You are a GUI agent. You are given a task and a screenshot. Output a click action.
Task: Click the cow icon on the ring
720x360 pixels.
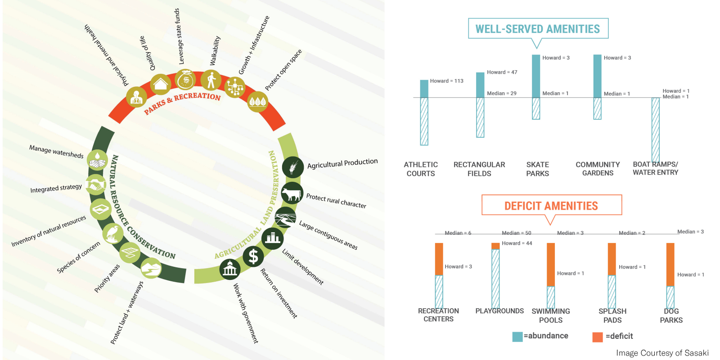292,194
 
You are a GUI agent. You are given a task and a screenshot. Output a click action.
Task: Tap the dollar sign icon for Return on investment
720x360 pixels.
253,256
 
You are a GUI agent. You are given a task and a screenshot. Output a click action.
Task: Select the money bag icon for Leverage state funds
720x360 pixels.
185,80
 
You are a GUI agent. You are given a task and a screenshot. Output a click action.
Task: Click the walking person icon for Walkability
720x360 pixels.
211,80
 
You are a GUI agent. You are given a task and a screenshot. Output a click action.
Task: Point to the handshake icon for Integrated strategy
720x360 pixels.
96,184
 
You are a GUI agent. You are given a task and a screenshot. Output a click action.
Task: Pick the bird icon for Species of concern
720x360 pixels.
112,234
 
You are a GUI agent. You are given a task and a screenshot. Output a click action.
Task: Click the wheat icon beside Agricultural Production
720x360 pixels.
292,168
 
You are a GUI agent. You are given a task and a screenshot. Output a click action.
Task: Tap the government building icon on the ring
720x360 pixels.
229,269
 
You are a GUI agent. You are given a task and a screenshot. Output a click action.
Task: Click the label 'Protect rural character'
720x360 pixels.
336,201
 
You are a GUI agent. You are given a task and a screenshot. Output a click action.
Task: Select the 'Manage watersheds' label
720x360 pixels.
56,151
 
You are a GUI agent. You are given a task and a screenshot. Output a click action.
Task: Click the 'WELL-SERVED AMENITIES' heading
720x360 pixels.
538,29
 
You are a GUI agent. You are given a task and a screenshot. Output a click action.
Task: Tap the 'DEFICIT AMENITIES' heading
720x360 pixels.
551,206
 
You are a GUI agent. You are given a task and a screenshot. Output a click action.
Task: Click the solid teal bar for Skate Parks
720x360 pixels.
536,76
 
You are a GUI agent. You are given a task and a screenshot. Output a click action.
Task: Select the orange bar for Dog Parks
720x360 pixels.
670,264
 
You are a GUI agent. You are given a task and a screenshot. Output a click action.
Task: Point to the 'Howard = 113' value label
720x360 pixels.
446,81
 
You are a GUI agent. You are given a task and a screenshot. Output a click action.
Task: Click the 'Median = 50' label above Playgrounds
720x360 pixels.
516,233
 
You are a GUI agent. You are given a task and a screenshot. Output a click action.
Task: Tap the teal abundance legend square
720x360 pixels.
517,337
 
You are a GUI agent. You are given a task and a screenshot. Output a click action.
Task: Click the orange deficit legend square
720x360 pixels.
598,337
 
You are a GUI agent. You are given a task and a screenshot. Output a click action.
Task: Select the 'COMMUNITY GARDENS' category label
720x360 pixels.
598,169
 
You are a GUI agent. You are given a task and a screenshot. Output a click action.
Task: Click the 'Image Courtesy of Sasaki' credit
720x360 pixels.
662,353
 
